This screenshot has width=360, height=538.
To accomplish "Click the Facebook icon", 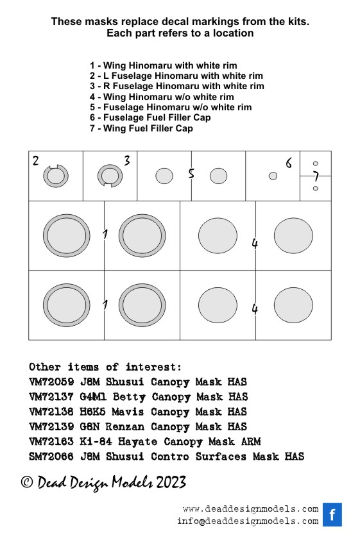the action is [x=332, y=514].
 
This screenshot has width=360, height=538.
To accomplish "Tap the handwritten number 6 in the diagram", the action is [x=289, y=163].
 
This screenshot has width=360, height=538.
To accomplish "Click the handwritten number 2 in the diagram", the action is [x=36, y=160].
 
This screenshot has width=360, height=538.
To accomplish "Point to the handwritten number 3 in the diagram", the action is [x=127, y=160].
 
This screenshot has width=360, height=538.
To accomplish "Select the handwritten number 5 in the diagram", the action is [x=191, y=173].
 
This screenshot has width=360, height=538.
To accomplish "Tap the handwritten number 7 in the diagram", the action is [x=316, y=176].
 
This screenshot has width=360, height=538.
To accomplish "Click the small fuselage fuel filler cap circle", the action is [x=273, y=176].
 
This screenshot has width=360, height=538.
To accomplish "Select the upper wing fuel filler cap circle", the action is [x=316, y=164].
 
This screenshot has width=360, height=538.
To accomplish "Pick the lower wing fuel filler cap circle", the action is [x=316, y=189].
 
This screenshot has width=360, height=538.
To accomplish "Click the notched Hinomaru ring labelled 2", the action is [x=46, y=176].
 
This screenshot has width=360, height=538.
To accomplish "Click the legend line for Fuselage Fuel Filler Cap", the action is [x=150, y=117].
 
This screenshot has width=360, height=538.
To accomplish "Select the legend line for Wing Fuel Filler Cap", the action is [x=141, y=128].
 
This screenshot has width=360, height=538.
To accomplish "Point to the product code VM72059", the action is [x=51, y=382].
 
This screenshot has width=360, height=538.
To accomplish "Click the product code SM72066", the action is [x=51, y=457].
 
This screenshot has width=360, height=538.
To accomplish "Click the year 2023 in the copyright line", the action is [x=171, y=482].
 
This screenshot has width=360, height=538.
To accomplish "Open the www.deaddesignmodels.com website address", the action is [x=251, y=509].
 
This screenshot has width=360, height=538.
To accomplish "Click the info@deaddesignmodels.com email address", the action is [x=248, y=521].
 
